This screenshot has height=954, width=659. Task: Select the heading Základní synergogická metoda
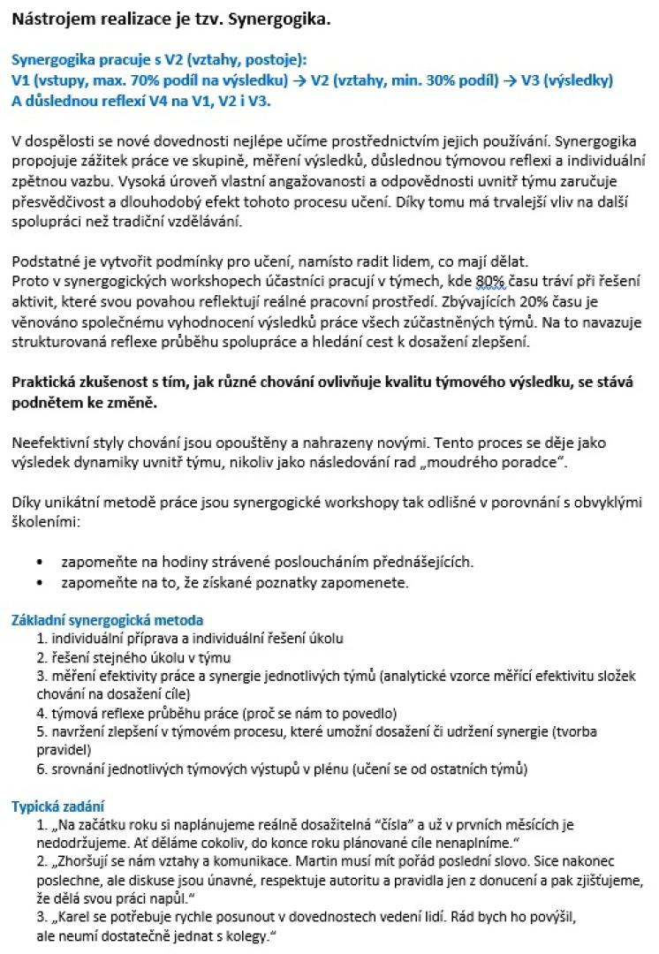(x=107, y=620)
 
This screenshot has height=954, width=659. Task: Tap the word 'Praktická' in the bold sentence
(x=47, y=384)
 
